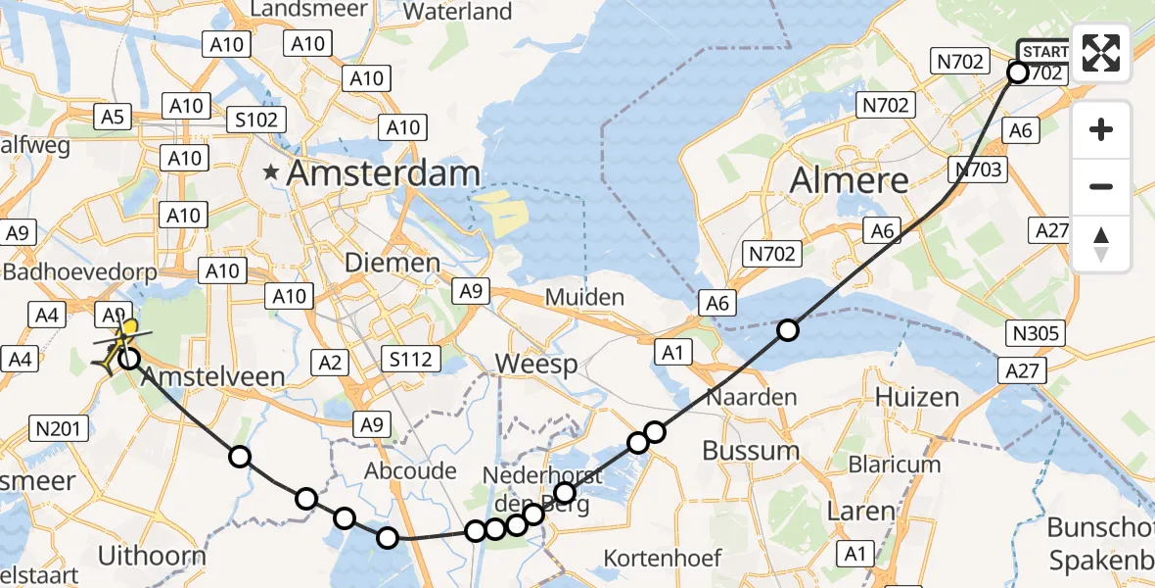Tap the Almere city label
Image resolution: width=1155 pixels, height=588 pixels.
[x=850, y=180]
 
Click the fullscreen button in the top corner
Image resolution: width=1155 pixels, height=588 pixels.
[x=1101, y=53]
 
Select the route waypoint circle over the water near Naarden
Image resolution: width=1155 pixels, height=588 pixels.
[x=788, y=330]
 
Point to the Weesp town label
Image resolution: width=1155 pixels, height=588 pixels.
[x=535, y=364]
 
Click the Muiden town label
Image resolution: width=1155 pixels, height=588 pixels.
[x=584, y=297]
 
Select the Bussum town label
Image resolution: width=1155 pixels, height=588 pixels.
[x=751, y=451]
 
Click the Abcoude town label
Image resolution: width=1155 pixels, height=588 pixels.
[x=410, y=471]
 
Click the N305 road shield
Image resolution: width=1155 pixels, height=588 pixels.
[x=1037, y=333]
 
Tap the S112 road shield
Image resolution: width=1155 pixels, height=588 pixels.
[x=410, y=360]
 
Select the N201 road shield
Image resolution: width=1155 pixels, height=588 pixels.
[x=60, y=427]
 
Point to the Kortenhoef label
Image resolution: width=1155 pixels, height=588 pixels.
[x=663, y=559]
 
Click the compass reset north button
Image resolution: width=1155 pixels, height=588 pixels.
[x=1101, y=243]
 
